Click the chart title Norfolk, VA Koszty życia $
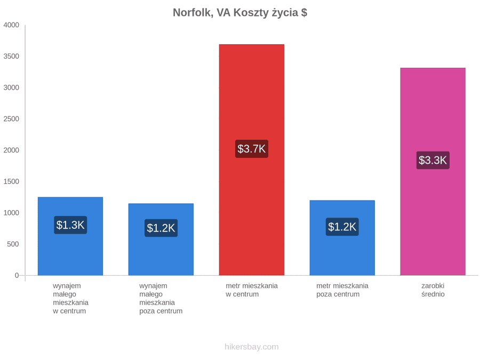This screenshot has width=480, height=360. click(x=240, y=13)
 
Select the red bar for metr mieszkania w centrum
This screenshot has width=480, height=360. click(x=252, y=160)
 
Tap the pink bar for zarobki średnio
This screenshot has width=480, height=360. click(x=433, y=171)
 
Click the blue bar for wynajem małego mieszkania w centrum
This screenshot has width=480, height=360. click(x=70, y=236)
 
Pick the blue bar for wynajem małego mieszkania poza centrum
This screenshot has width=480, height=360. click(x=161, y=239)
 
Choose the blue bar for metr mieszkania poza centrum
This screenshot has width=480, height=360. click(x=342, y=238)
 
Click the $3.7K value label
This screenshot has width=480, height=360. click(x=252, y=149)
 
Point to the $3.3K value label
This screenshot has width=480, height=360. click(x=433, y=160)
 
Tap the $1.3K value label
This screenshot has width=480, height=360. click(x=70, y=225)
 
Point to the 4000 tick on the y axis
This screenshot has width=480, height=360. click(x=11, y=25)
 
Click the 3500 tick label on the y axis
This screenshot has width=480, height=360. click(x=11, y=56)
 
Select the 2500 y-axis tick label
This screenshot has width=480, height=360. click(x=11, y=119)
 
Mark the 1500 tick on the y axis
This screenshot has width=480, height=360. click(x=11, y=181)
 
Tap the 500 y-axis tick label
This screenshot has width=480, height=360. click(x=13, y=244)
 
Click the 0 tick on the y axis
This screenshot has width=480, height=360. click(x=17, y=275)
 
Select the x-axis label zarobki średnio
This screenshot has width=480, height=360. click(x=433, y=290)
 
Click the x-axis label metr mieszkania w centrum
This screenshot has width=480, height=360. click(x=252, y=290)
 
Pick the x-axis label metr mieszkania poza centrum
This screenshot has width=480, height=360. click(x=342, y=290)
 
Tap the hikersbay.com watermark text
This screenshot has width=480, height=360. click(x=252, y=347)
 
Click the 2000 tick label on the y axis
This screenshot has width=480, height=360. click(x=11, y=150)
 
